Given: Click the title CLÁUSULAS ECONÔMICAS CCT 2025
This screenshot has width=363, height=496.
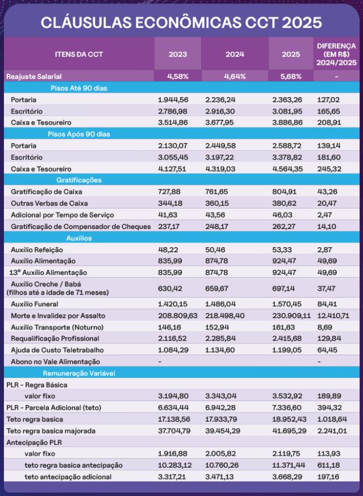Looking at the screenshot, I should (x=181, y=22).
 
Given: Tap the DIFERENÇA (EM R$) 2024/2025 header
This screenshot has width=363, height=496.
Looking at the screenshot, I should (x=336, y=54).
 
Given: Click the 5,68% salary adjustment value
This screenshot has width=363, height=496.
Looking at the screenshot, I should (x=291, y=76).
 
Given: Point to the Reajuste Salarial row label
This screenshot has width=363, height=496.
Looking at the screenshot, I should (x=34, y=76).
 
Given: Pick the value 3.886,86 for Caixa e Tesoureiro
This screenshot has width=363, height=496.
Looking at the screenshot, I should (x=288, y=122).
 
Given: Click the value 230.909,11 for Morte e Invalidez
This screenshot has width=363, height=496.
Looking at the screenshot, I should (x=292, y=315).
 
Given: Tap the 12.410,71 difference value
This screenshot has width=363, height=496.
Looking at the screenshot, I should (x=336, y=315).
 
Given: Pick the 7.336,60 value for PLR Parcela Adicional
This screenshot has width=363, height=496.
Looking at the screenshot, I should (x=289, y=407).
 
